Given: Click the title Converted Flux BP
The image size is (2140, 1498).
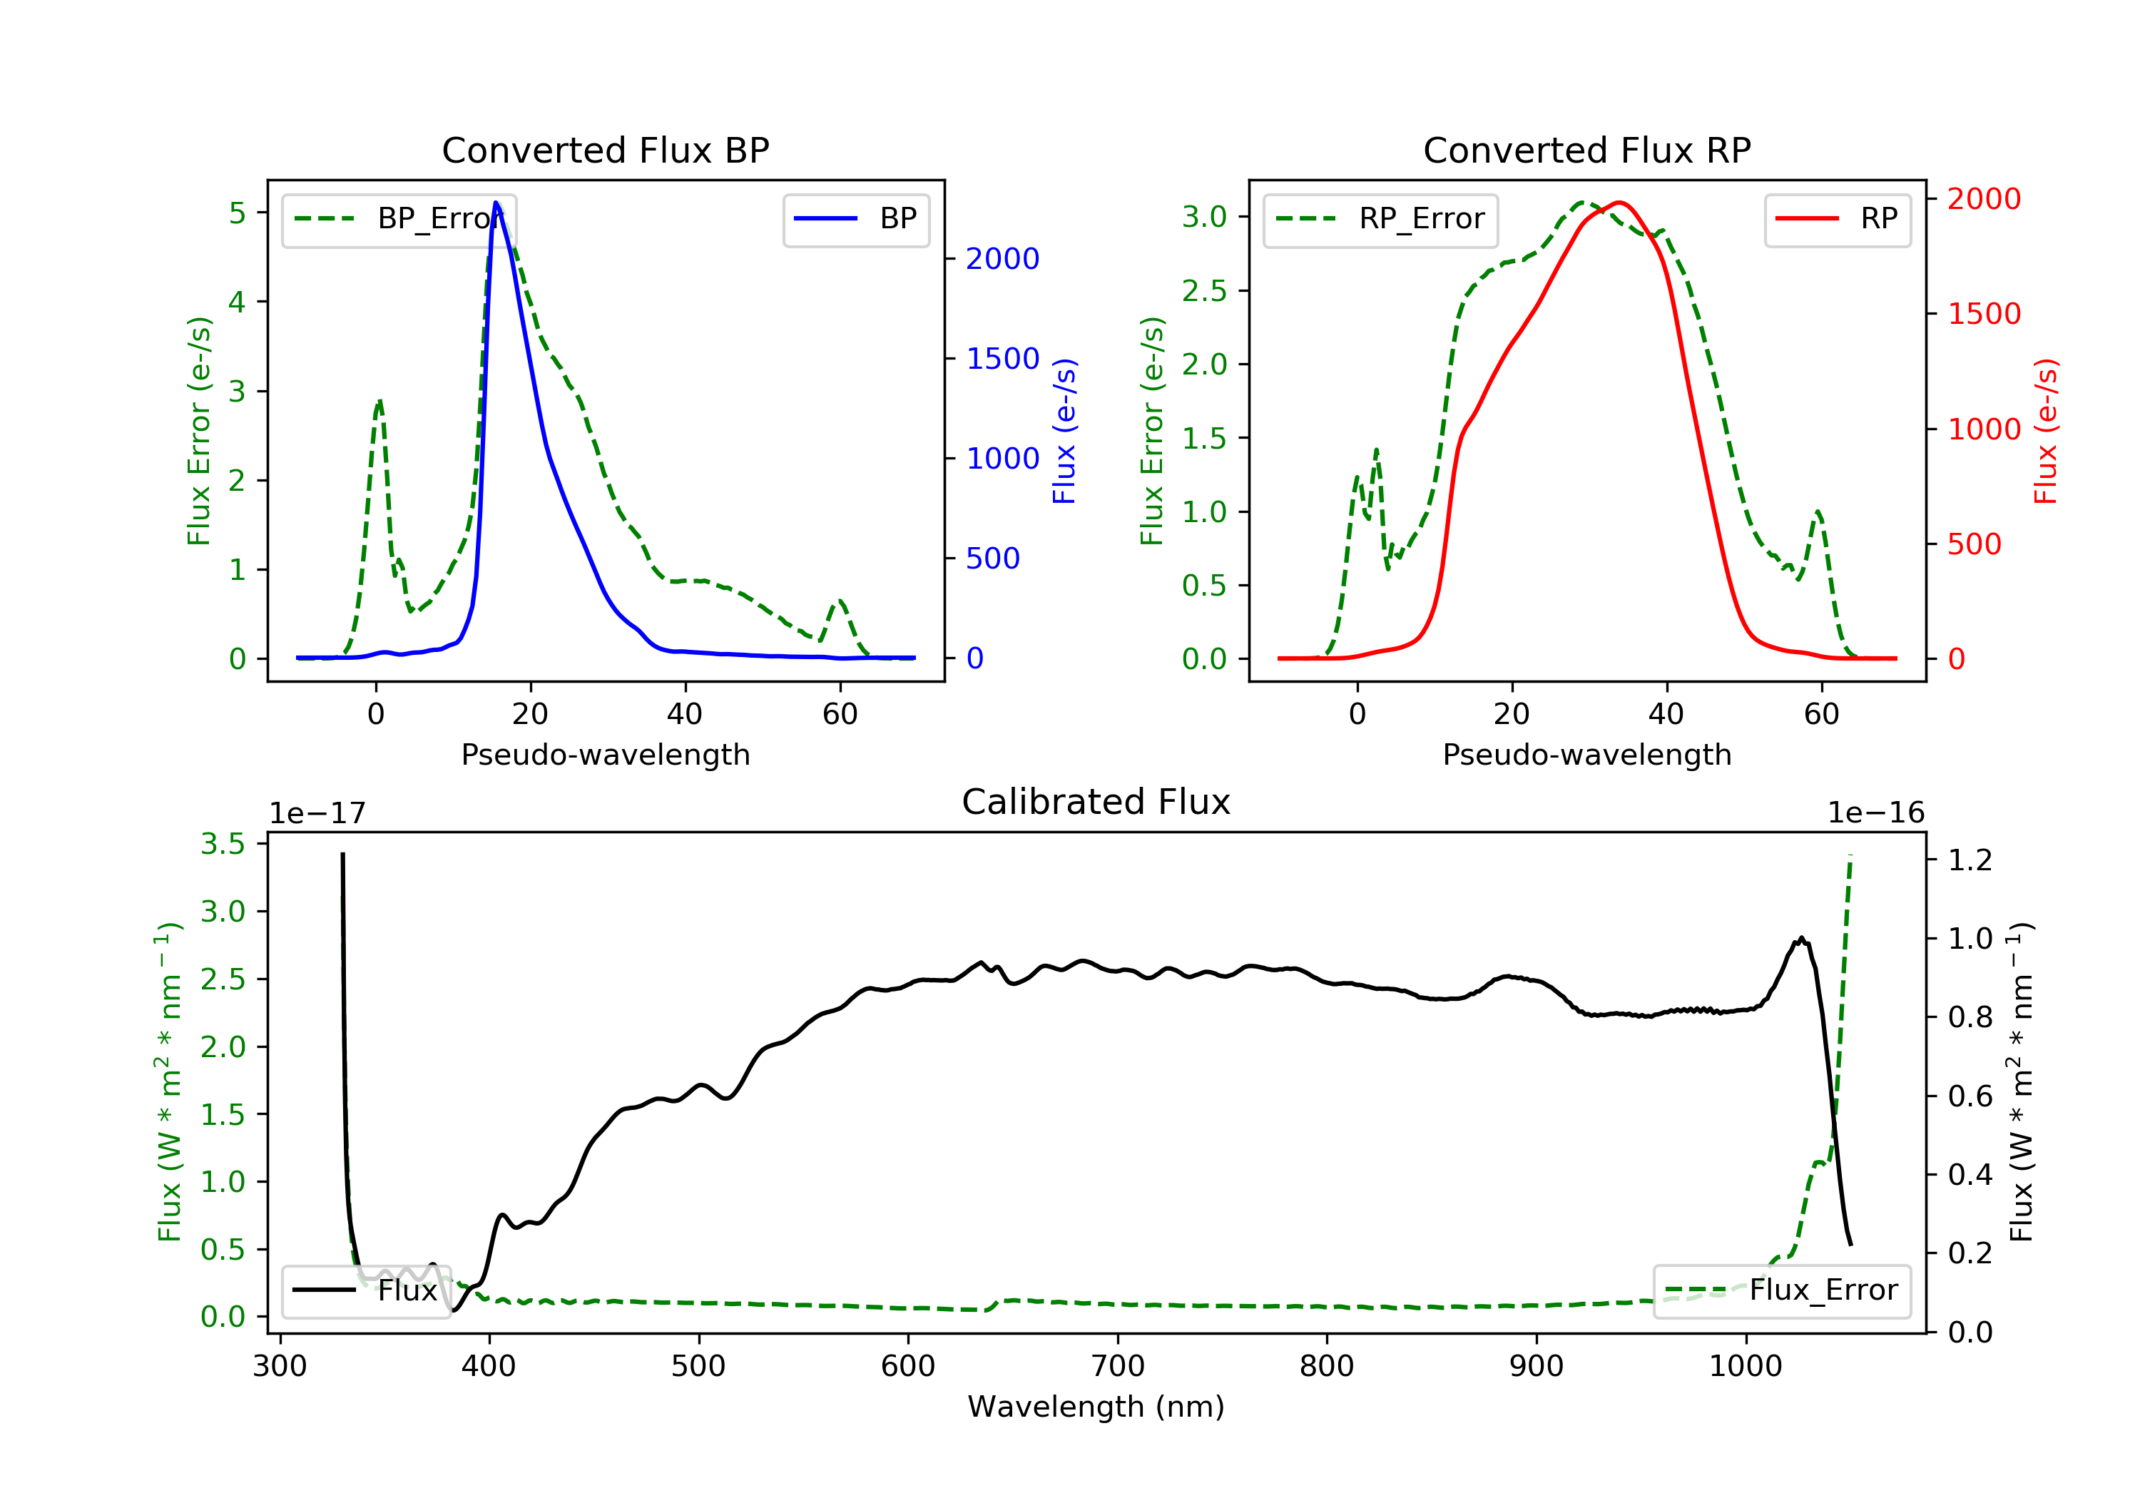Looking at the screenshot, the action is pos(606,150).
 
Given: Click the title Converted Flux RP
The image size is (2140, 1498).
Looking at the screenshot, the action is pos(1586,150).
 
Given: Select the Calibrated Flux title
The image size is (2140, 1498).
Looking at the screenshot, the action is pos(1096,802).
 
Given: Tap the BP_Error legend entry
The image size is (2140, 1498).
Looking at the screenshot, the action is pos(399,219).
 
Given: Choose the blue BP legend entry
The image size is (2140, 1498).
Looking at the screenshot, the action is pos(855,219).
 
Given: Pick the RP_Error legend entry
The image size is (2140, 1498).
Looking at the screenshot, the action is pos(1380,219).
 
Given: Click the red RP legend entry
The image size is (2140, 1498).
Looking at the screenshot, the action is pos(1837,219).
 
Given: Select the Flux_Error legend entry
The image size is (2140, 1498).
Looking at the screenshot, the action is pos(1781,1290).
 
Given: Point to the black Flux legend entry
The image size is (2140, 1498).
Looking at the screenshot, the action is pos(365,1290).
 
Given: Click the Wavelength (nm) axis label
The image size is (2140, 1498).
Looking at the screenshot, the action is pos(1096,1406).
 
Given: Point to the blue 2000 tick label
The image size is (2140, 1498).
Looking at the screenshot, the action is pos(1002,258).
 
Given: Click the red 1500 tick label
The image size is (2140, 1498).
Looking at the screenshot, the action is pos(1984,313).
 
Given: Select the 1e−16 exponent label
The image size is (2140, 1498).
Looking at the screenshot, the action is pos(1875,813).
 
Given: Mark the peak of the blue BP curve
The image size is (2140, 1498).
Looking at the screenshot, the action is pos(496,203).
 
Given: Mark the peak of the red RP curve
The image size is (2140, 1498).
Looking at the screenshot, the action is pos(1620,203).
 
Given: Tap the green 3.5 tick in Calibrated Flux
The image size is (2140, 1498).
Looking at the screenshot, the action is pos(223,844).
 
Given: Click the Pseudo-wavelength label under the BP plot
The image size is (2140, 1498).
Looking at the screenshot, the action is pos(606,754).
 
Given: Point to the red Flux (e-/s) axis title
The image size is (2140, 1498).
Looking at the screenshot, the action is pos(2045,432).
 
